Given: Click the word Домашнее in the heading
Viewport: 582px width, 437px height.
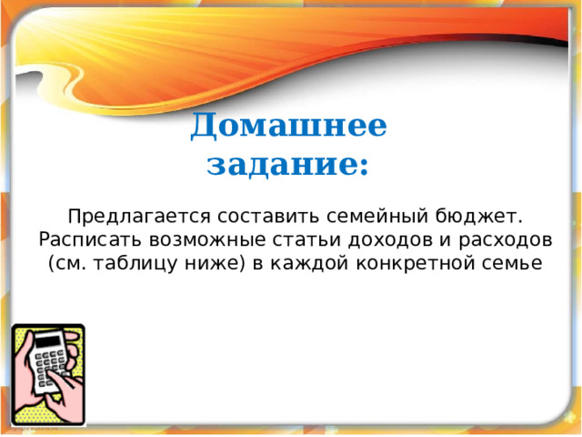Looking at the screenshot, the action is tap(288, 126).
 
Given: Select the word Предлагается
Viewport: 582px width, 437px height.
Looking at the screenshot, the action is tap(139, 217).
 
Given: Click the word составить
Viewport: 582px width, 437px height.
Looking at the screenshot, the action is tap(268, 217).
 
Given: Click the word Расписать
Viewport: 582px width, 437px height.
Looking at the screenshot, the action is tap(90, 240).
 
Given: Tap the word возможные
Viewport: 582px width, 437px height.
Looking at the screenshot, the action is tap(207, 240).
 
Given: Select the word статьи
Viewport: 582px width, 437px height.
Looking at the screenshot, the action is tap(306, 240).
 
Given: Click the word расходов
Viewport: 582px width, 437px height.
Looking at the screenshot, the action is tap(506, 240).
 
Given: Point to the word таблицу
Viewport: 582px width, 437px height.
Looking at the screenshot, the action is tap(135, 264).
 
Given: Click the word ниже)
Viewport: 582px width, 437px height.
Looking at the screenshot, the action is tap(216, 264).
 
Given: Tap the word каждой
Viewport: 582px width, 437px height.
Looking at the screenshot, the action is tap(309, 264).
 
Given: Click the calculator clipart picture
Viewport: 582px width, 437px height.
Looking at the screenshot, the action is tap(48, 375).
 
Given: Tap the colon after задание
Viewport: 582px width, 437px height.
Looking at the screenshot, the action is tap(365, 168).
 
